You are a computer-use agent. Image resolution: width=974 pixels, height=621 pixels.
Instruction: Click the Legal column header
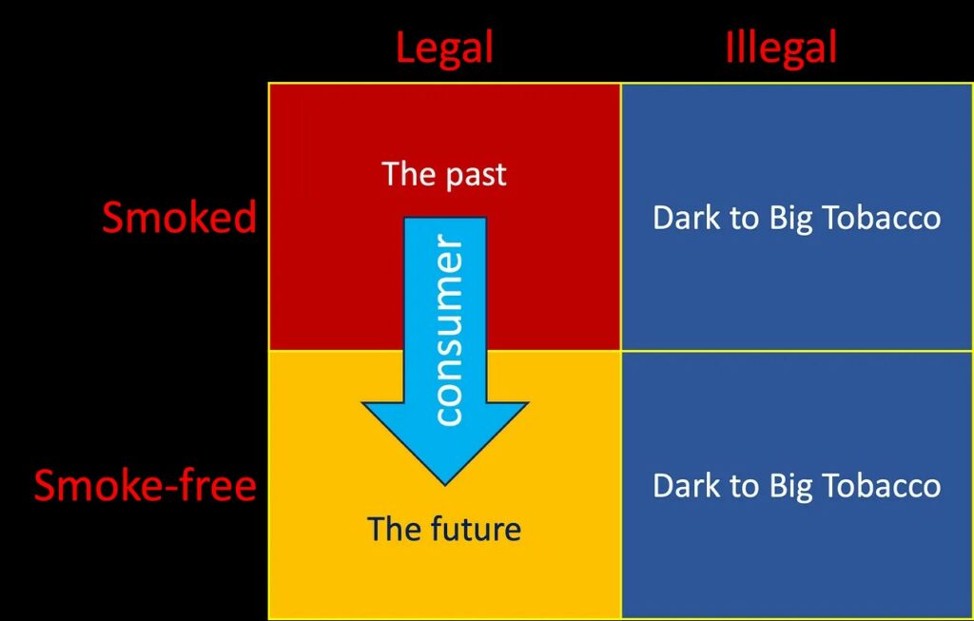[x=444, y=49]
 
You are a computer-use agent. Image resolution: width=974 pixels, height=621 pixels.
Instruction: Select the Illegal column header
[x=780, y=49]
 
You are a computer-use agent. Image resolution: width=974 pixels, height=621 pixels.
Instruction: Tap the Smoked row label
[x=179, y=218]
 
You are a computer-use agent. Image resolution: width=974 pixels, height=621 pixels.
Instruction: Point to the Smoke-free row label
[x=146, y=486]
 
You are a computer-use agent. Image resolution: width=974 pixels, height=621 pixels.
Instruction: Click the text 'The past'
[x=444, y=174]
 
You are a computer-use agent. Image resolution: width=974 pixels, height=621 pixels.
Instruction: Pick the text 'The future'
[x=444, y=528]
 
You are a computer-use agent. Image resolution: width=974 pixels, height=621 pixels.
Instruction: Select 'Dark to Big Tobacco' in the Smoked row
[x=796, y=218]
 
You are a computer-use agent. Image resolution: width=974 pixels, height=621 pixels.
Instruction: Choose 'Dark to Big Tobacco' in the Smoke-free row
[x=796, y=486]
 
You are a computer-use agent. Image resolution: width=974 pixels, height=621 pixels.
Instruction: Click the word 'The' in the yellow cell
[x=389, y=528]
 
